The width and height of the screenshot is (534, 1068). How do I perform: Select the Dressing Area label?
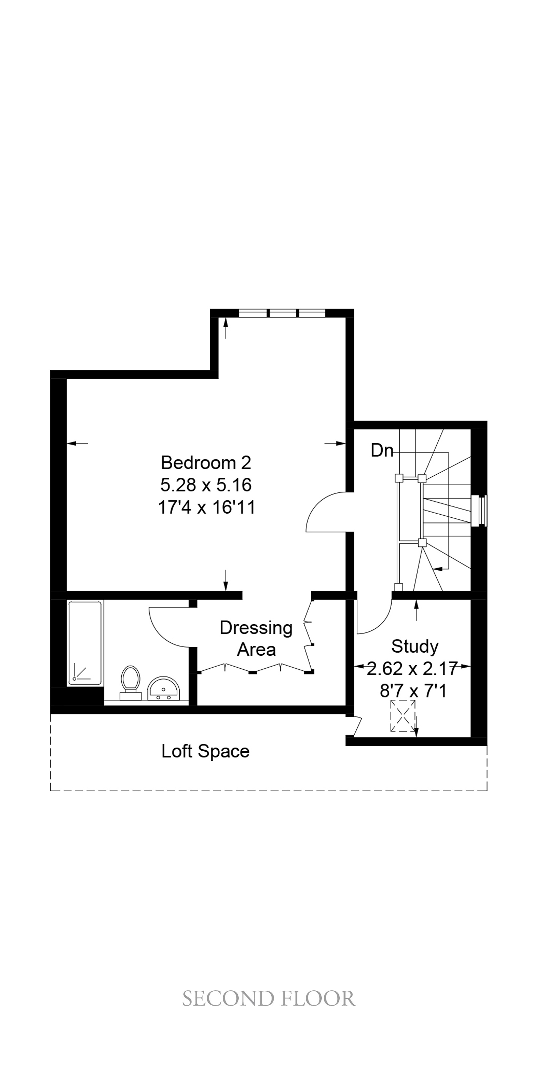coord(256,638)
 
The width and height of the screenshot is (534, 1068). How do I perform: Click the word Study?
coord(415,646)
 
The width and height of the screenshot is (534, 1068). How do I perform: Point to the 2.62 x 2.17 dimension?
coord(412,668)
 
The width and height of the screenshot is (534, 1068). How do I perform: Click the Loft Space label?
coord(206,751)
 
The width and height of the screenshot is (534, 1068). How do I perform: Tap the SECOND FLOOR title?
coord(269,999)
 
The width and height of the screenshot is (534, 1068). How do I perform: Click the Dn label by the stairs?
coord(382,450)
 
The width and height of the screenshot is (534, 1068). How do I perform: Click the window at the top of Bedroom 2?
coord(282,313)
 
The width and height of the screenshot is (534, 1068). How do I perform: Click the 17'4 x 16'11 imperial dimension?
coord(206,508)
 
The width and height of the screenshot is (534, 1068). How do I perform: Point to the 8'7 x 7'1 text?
coord(413,691)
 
